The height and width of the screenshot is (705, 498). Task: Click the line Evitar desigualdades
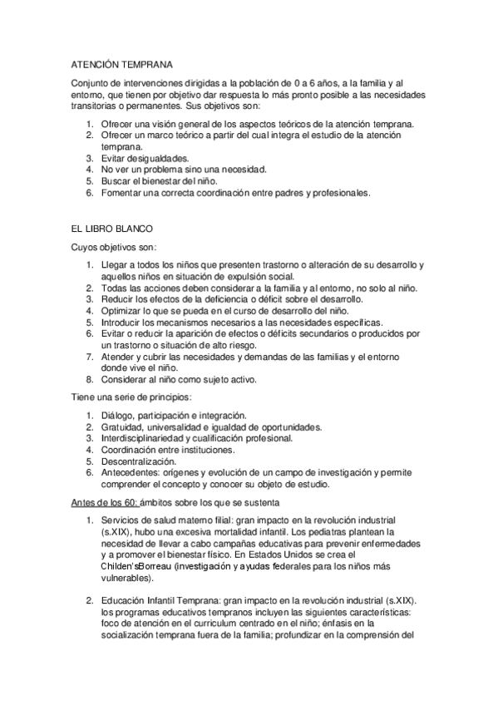pos(145,158)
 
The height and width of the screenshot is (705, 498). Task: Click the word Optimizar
pos(121,310)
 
